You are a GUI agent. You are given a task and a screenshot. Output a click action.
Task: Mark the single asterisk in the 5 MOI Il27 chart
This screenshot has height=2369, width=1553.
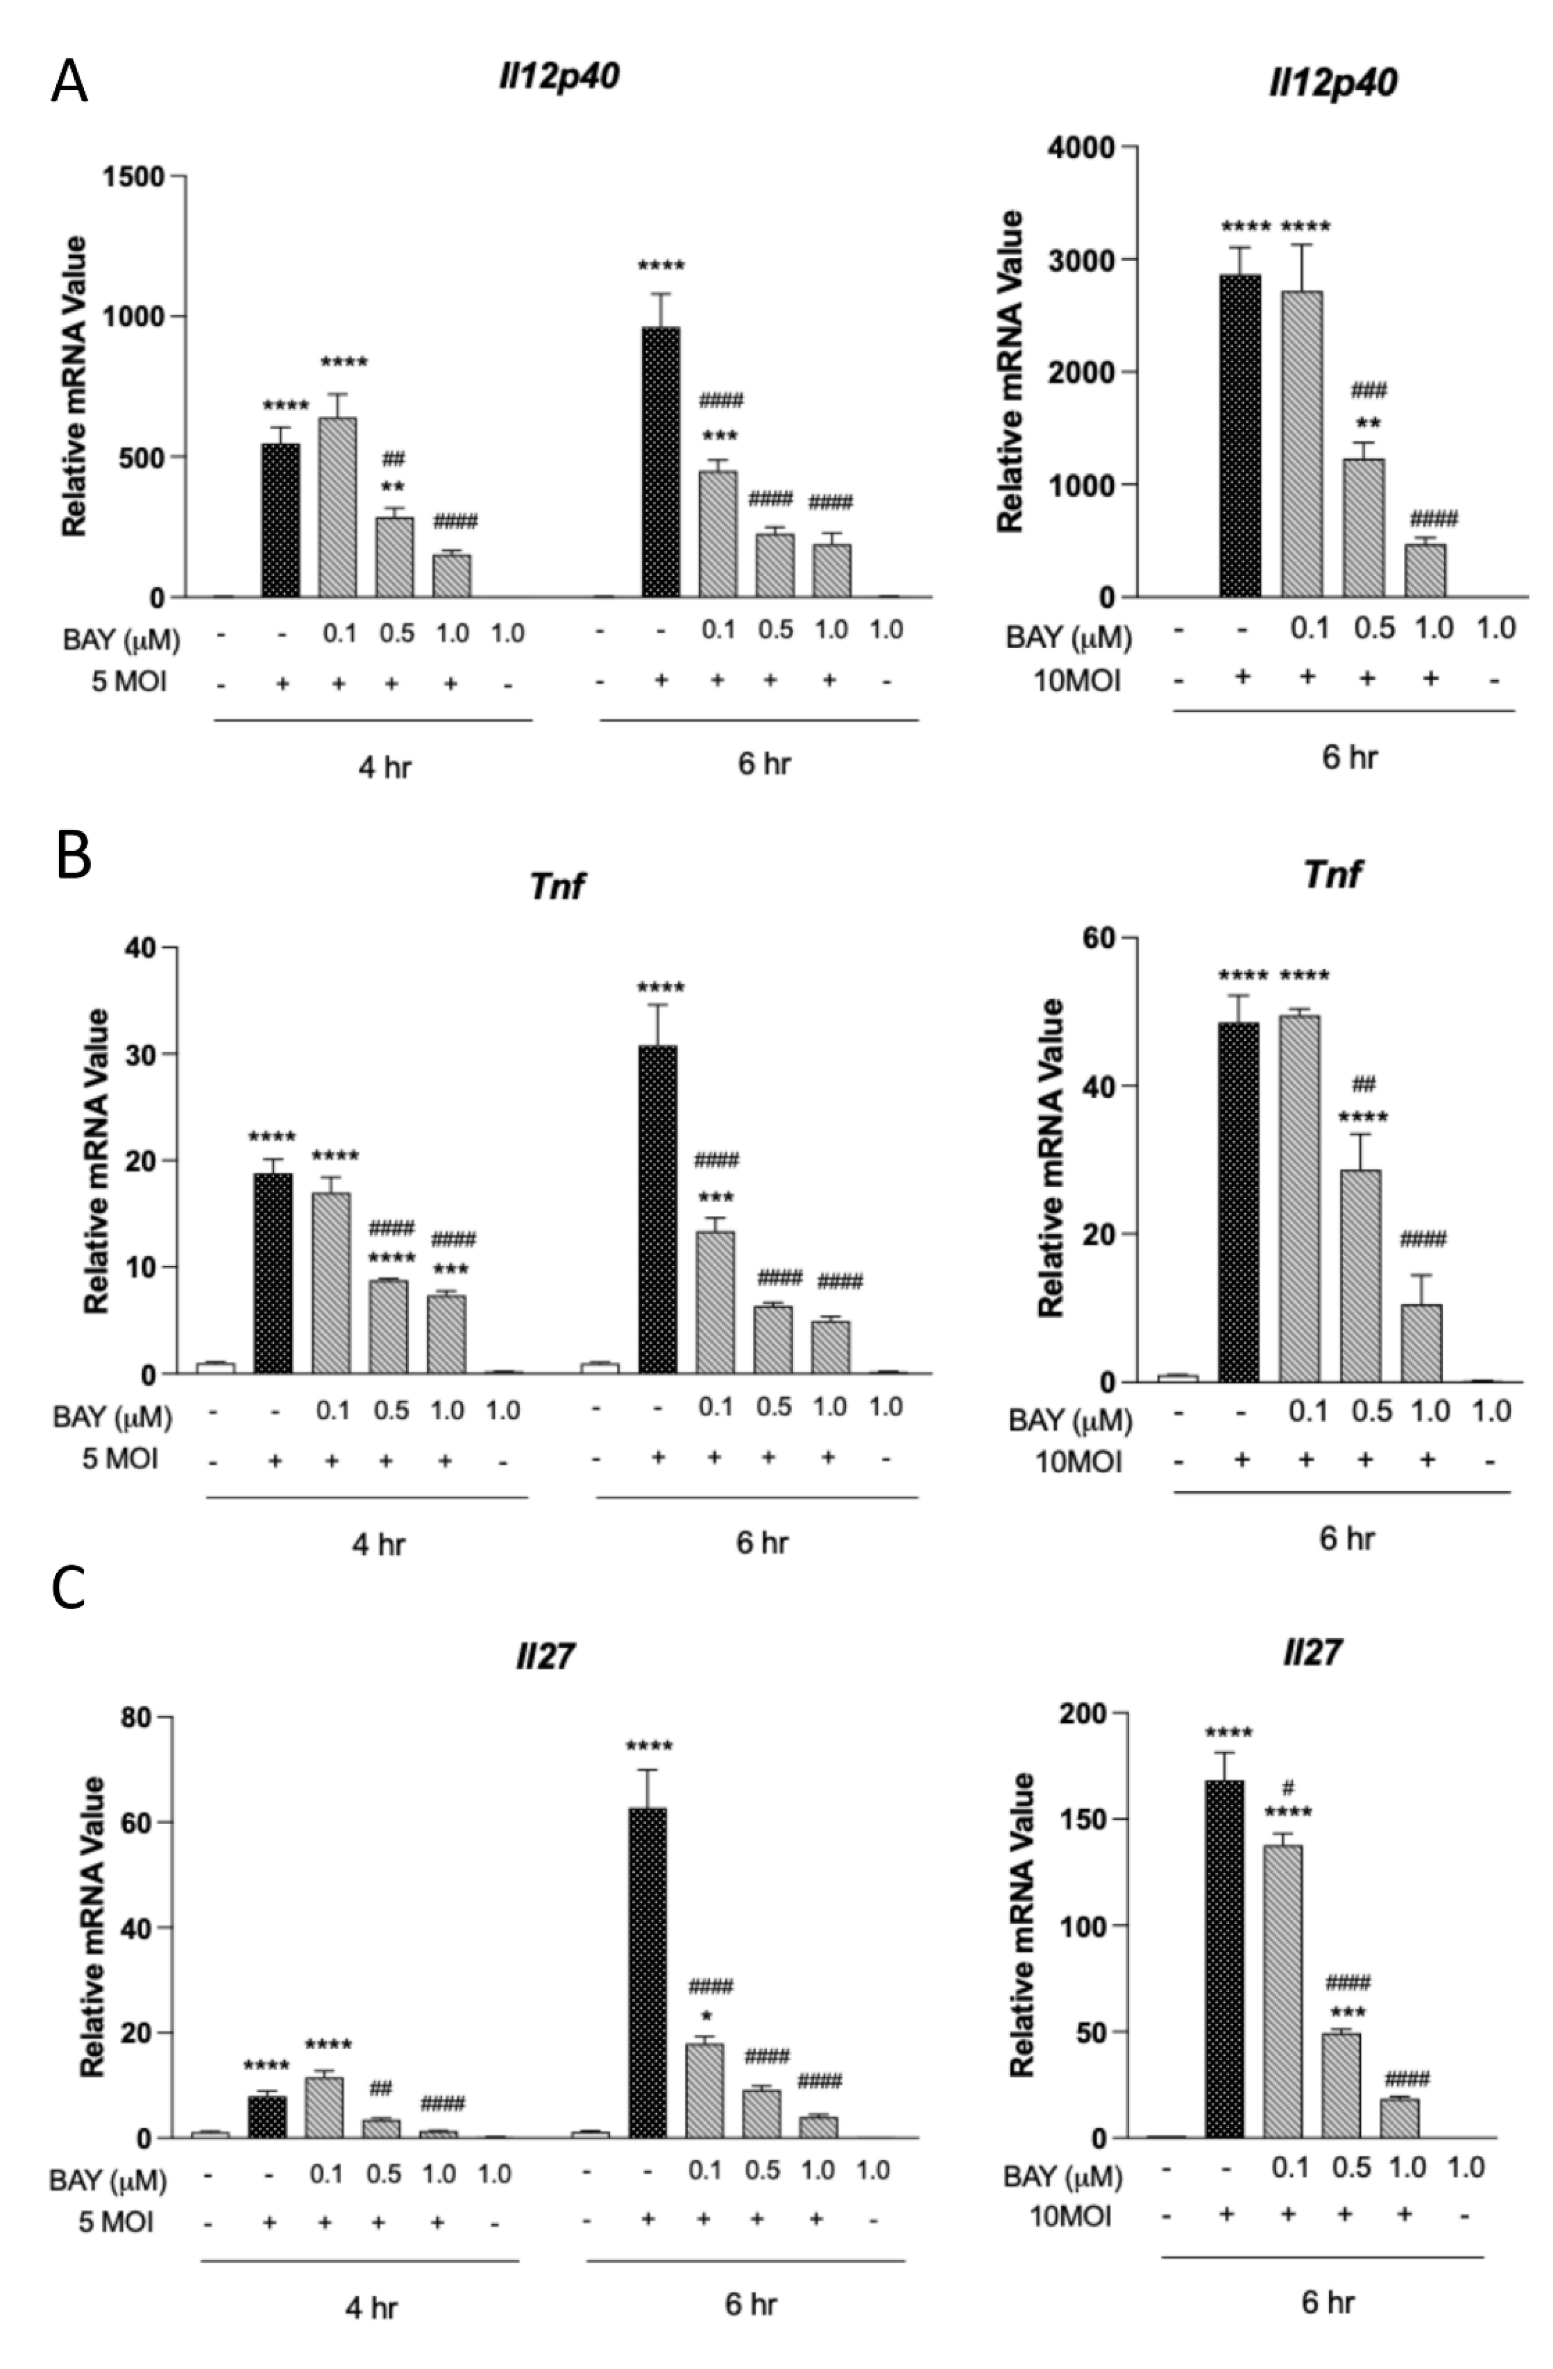click(705, 2015)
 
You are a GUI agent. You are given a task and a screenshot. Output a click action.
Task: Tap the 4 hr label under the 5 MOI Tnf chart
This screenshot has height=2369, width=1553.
click(378, 1545)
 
